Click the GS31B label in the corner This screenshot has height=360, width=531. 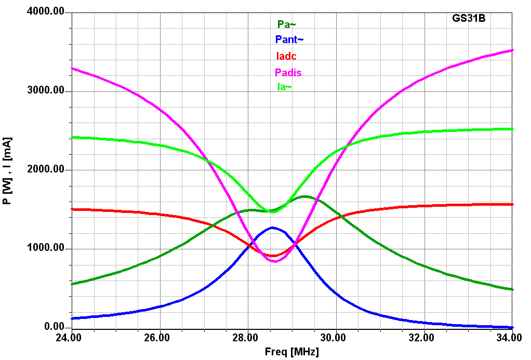coord(468,18)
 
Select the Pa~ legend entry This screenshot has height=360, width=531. coord(286,24)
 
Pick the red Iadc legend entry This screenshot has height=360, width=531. coord(286,56)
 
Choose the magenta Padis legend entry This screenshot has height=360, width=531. coord(288,72)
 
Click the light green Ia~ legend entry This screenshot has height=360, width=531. coord(284,87)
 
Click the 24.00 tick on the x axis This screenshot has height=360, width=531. coord(72,338)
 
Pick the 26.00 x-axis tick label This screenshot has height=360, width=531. coord(160,338)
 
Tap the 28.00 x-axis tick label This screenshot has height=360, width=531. coord(248,338)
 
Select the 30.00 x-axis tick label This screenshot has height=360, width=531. coord(336,338)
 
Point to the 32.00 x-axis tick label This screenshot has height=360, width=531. coord(424,338)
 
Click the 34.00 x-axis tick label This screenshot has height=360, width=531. coord(511,338)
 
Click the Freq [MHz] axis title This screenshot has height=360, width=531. coord(291,352)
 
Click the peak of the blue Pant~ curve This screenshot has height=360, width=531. coord(272,228)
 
